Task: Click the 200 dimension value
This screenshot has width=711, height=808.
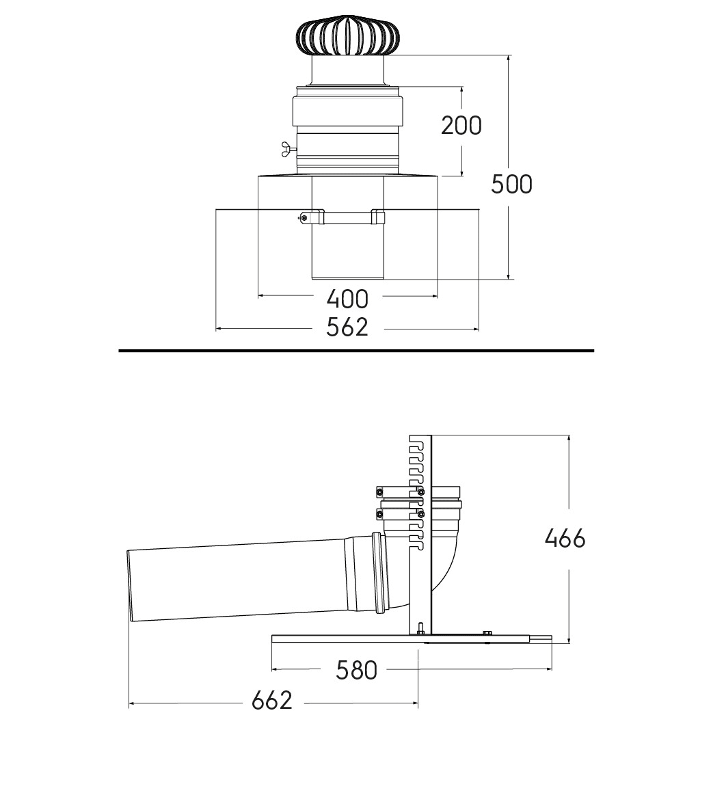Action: pos(461,125)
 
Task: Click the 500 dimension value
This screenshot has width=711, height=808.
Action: pos(511,184)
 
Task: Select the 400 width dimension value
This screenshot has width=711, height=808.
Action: pos(348,299)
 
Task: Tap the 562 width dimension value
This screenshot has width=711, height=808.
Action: pos(347,327)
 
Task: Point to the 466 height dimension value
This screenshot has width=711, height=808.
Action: pos(565,539)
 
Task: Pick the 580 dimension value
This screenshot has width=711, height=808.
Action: pos(356,671)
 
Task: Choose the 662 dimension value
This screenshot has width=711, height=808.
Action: pos(271,700)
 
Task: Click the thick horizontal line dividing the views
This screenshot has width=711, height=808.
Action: pos(356,351)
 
